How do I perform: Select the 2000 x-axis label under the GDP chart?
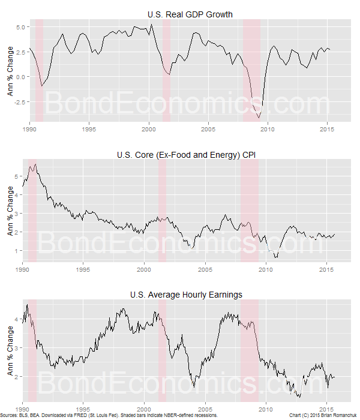pos(149,130)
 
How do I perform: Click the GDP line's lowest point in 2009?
pos(259,118)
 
